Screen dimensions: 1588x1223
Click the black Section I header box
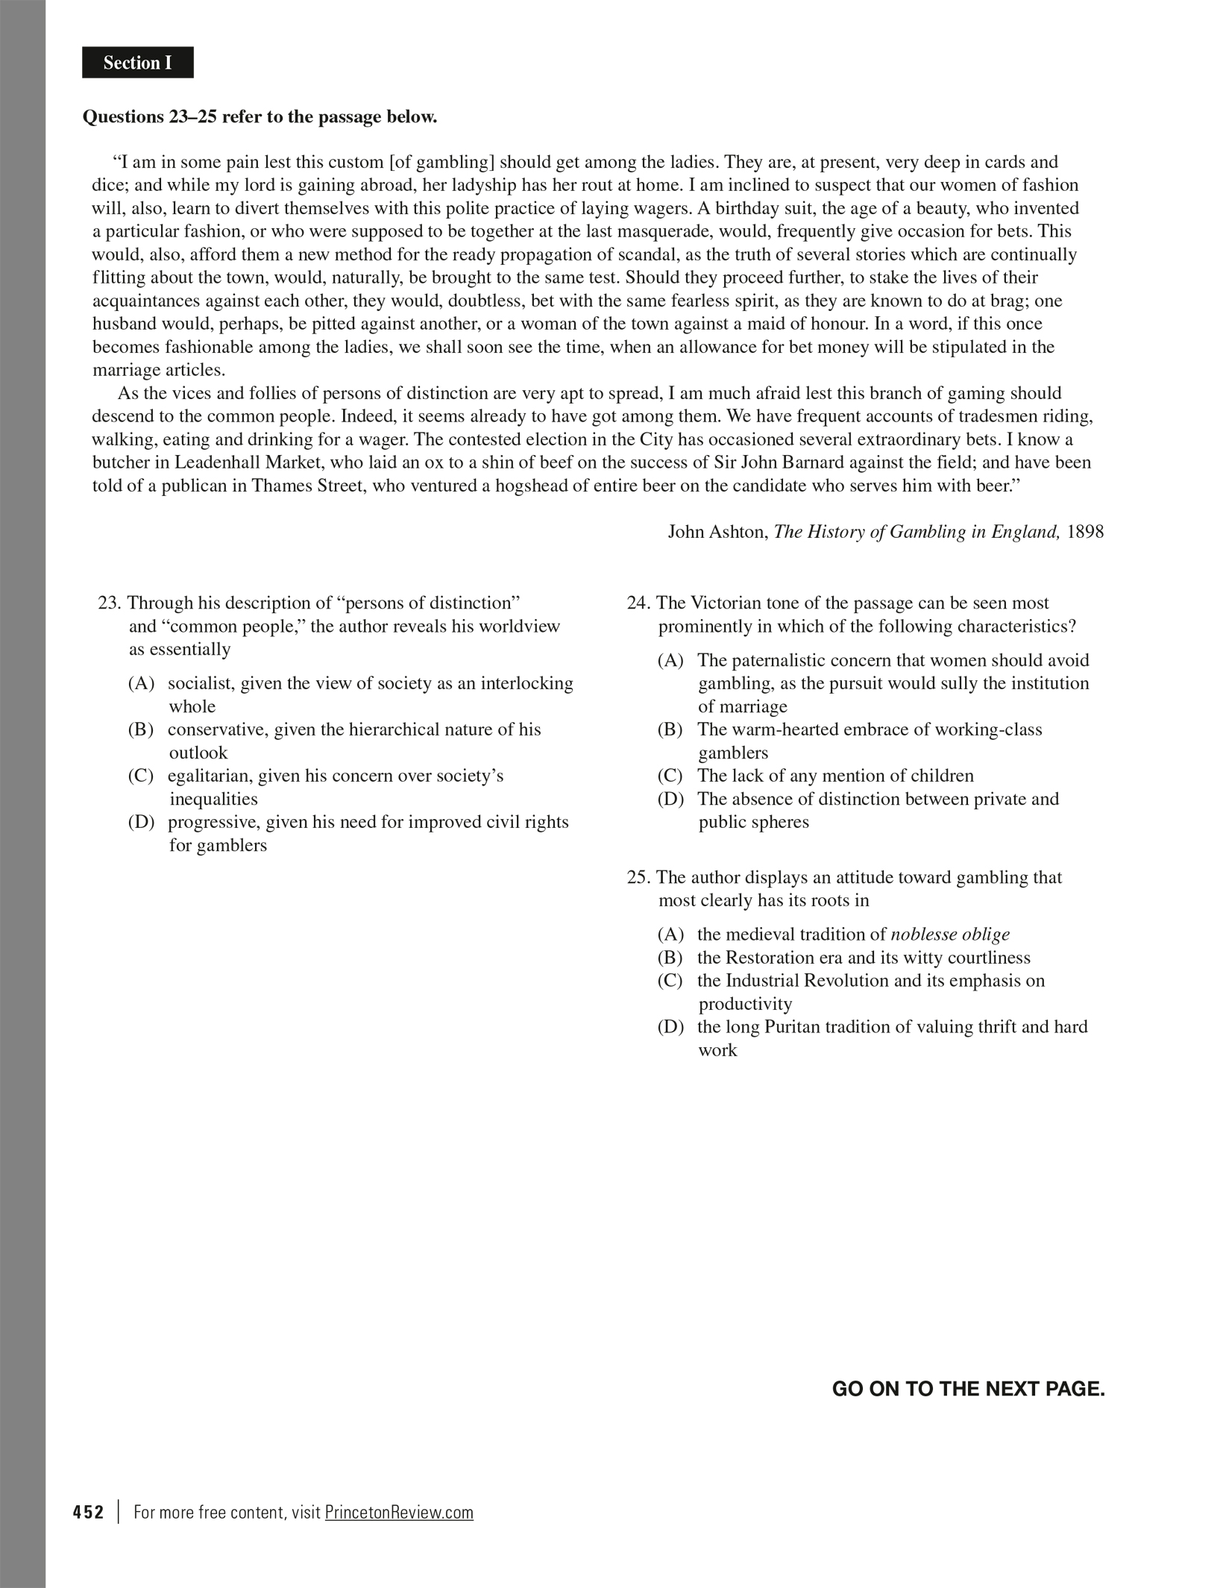tap(138, 63)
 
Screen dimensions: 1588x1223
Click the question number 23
tap(109, 603)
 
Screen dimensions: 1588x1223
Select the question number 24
tap(638, 603)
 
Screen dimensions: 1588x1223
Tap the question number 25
tap(638, 877)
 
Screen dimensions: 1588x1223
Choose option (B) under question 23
tap(141, 729)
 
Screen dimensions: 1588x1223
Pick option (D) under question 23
tap(141, 822)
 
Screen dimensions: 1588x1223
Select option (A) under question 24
tap(670, 660)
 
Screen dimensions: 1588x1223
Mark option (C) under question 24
tap(670, 776)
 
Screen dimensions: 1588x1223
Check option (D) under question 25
tap(670, 1027)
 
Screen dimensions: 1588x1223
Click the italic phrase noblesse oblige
tap(950, 935)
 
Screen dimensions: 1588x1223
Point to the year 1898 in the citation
tap(1085, 532)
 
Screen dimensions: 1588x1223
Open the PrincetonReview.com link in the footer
tap(399, 1513)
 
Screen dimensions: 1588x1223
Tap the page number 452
tap(89, 1513)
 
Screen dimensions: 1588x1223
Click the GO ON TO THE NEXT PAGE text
tap(968, 1389)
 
